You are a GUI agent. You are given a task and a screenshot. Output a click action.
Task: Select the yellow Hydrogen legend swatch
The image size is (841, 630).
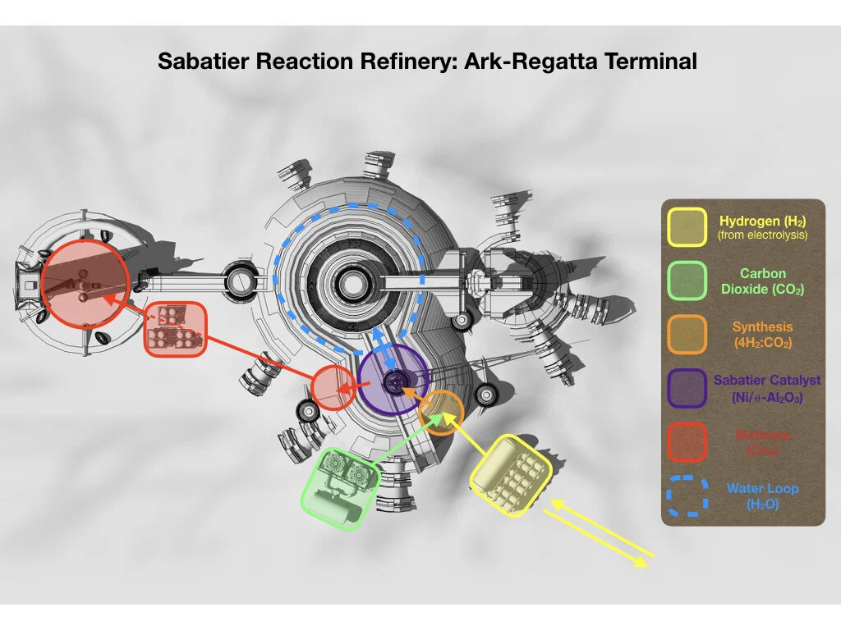tap(687, 227)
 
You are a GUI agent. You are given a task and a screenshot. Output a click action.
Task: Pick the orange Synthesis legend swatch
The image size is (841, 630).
tap(687, 334)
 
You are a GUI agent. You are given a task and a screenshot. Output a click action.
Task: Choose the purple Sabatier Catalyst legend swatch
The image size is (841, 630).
tap(687, 388)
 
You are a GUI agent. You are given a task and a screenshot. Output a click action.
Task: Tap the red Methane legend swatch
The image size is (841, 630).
tap(687, 441)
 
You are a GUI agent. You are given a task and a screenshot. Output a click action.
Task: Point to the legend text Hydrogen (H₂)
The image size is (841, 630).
tap(762, 221)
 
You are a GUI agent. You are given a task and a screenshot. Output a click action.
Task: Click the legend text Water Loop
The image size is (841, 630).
tap(762, 489)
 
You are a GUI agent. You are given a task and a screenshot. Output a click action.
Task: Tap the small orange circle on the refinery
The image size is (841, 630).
tap(442, 412)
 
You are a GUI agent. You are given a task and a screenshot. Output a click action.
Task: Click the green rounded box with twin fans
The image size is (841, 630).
tap(340, 487)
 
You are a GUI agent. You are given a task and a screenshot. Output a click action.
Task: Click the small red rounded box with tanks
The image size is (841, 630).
tap(175, 329)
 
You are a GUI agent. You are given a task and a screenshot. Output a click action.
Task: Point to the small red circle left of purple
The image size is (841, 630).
tap(333, 388)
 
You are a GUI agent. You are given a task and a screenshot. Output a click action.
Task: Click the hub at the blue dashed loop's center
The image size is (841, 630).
tap(352, 285)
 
